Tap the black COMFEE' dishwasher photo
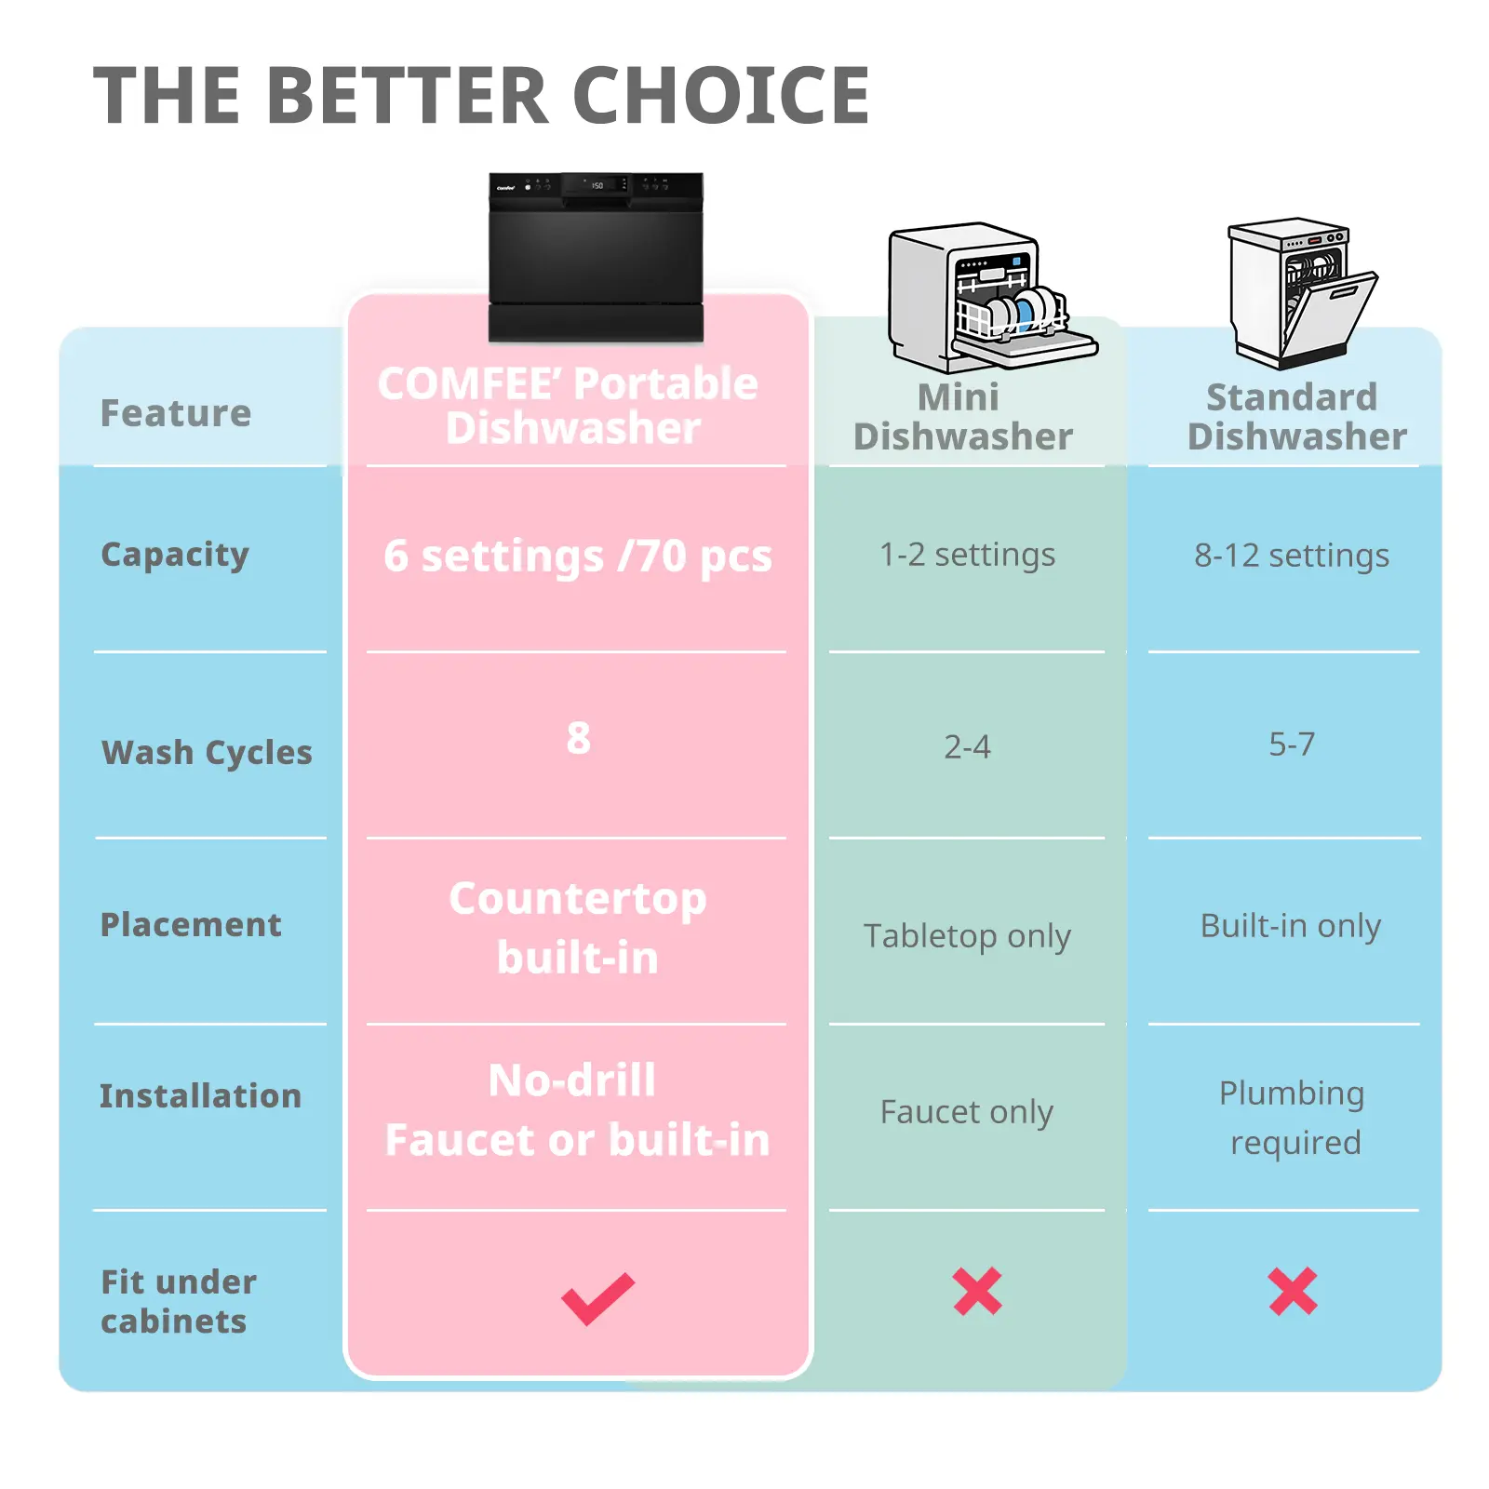596,257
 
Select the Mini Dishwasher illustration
992,296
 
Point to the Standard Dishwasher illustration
1302,292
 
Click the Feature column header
176,412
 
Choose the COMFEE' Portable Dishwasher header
569,406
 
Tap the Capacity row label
175,555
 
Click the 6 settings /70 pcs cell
578,557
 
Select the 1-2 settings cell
967,555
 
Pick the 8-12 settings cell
1292,556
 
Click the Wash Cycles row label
207,752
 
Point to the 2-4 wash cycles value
967,746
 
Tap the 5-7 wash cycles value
1292,744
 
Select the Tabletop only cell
967,936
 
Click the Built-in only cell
1291,926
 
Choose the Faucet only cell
967,1112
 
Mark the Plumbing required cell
1293,1118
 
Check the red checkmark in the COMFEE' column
597,1298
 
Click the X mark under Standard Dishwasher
1293,1292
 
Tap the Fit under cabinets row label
179,1301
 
